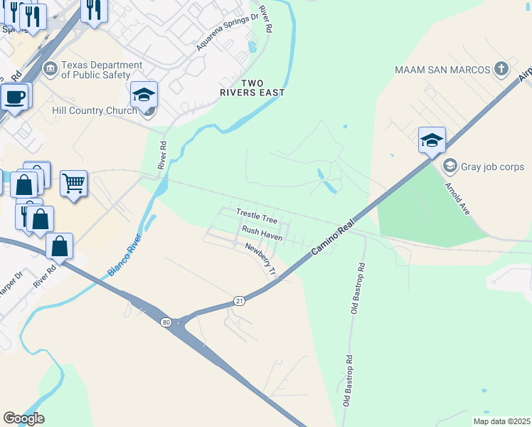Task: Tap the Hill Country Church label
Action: (x=95, y=110)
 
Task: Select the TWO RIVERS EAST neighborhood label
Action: (x=252, y=88)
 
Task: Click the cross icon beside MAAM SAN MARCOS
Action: (x=501, y=69)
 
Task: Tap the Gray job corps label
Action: (x=492, y=167)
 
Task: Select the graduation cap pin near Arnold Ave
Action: (x=431, y=140)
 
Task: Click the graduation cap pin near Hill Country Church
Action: (x=144, y=95)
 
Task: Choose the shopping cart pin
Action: (x=73, y=184)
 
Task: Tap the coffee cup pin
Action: (x=14, y=96)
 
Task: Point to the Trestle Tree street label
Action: (x=256, y=213)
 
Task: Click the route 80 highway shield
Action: (x=166, y=322)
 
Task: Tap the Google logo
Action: (x=23, y=418)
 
